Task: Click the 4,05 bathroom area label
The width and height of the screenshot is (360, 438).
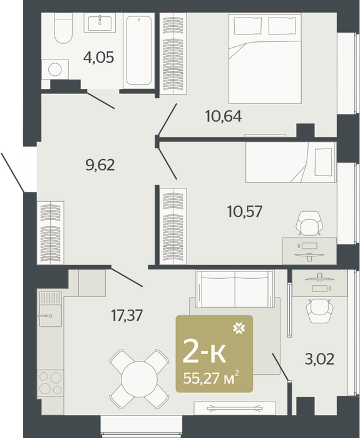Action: tap(99, 57)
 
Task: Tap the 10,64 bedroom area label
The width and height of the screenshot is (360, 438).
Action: tap(224, 116)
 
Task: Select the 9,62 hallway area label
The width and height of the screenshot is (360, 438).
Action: tap(100, 165)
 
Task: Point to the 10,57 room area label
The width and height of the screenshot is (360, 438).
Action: tap(245, 211)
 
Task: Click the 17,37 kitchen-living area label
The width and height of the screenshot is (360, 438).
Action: tap(127, 316)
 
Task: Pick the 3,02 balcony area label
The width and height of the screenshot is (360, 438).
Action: tap(319, 359)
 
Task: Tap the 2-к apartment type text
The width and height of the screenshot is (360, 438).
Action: tap(204, 353)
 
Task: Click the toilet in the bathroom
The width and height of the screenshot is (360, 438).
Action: tap(63, 28)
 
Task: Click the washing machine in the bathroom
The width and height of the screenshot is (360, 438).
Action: tap(55, 70)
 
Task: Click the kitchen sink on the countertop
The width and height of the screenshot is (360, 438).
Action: tap(50, 309)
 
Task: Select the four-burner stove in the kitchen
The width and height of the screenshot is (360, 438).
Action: tap(50, 383)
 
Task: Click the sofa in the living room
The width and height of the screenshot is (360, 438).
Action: tap(235, 289)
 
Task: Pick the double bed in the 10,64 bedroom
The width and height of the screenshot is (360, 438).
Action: tap(265, 58)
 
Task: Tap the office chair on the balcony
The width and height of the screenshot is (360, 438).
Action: tap(319, 311)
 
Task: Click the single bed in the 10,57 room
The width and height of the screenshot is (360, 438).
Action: tap(291, 162)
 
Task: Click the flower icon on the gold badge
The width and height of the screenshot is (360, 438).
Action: tap(239, 328)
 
